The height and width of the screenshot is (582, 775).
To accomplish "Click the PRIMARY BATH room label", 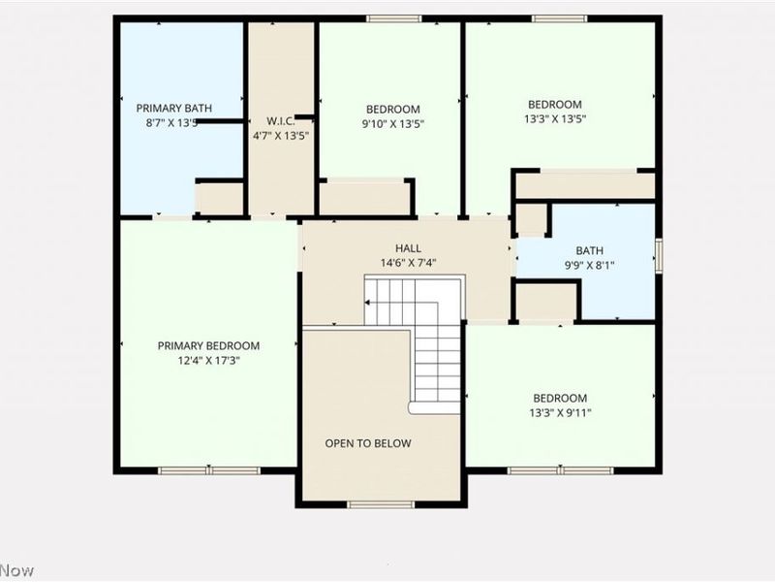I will point(173,109).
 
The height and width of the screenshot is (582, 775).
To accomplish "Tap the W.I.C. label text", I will point(280,121).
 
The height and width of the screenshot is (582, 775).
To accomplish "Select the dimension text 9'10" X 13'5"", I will point(392,124).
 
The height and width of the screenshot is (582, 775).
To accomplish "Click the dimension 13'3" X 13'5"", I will point(554,119).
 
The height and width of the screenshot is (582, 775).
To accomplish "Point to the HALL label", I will point(407,248).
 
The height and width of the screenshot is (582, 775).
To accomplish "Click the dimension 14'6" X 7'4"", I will point(407,263).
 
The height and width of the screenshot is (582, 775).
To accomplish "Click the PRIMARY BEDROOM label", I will point(208,345).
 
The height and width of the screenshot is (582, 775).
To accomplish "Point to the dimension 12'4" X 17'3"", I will point(208,360).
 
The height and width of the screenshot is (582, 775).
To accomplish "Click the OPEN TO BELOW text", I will point(367,443).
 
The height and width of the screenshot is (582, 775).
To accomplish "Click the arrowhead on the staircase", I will point(369,303).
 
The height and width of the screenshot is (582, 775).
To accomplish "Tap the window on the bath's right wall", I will point(658,255).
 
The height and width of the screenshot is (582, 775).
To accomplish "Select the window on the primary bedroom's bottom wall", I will point(209,470).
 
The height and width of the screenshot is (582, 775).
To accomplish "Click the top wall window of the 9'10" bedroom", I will point(393,18).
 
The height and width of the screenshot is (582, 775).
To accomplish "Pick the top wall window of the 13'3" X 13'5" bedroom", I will point(560,18).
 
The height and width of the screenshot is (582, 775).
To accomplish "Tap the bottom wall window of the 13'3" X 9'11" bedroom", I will point(560,470).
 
